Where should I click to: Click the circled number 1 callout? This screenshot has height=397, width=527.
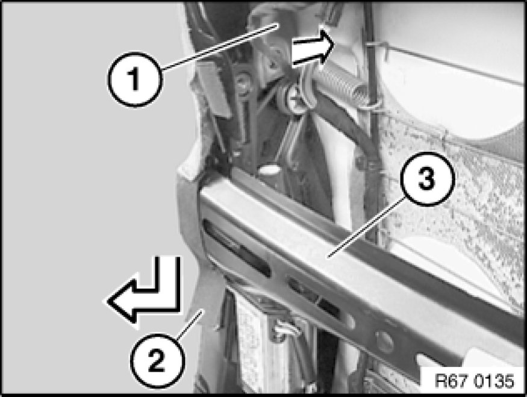(x=135, y=80)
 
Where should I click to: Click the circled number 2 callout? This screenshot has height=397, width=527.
(x=157, y=360)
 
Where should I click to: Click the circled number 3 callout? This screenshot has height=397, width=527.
(x=427, y=178)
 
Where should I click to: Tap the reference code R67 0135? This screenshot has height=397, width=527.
(x=474, y=381)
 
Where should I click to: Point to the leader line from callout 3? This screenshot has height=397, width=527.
(x=366, y=228)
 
